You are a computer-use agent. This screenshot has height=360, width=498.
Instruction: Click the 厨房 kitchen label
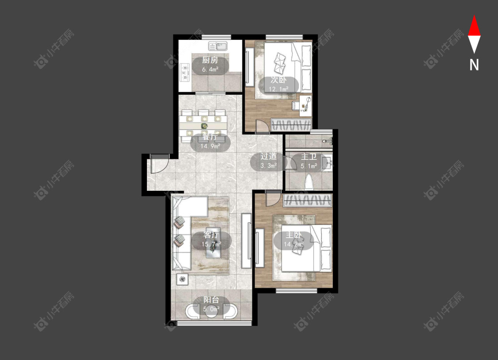click(210, 60)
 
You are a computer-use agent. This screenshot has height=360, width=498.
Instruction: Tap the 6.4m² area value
click(210, 69)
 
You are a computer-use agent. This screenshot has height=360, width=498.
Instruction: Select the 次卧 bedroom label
click(278, 80)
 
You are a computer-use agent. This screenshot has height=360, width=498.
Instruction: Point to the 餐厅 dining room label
click(210, 137)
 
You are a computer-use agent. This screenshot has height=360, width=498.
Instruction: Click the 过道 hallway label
click(268, 156)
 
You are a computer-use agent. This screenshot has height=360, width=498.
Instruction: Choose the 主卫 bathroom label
click(309, 157)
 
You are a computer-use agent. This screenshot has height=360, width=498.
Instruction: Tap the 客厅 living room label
click(211, 235)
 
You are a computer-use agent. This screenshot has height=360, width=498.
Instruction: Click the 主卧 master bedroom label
click(293, 235)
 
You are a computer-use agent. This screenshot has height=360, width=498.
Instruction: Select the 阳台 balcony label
click(211, 300)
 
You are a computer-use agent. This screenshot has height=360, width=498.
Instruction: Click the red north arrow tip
click(474, 15)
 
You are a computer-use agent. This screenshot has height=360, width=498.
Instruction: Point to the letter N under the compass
click(474, 65)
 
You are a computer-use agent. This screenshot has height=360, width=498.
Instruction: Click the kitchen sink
click(218, 46)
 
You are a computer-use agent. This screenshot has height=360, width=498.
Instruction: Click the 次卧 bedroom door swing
click(263, 126)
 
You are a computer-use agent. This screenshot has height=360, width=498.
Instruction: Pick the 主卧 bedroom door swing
click(273, 199)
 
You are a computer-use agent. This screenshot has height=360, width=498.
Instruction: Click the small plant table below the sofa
click(182, 279)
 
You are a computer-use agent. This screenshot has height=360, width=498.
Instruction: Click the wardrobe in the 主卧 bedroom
click(308, 201)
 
